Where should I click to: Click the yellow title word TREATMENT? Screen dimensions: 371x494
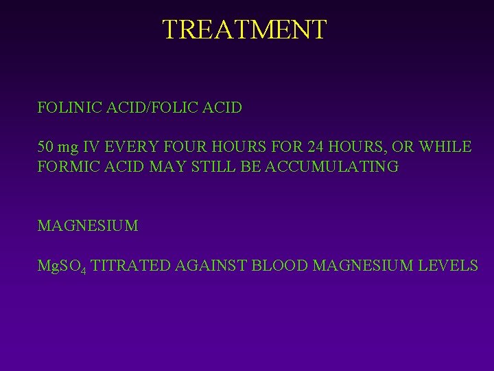(x=245, y=30)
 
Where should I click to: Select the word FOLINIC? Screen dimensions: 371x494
(x=67, y=108)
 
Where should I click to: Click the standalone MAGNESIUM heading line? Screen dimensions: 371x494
(x=88, y=225)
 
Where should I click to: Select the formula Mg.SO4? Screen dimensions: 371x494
(x=61, y=267)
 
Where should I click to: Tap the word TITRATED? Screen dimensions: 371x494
(x=130, y=266)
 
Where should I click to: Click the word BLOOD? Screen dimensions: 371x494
(x=281, y=266)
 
